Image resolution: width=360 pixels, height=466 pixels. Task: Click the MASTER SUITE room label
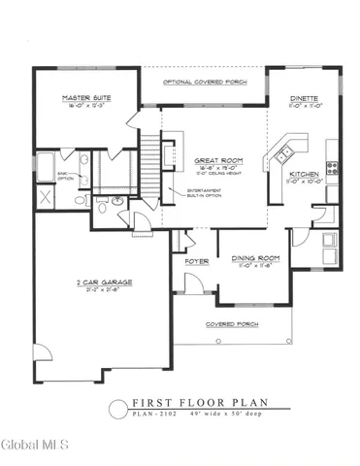tap(84, 98)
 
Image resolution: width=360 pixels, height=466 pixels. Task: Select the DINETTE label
tap(306, 98)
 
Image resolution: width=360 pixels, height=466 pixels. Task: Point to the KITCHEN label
tap(305, 176)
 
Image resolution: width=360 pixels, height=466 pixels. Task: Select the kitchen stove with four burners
tap(332, 166)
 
